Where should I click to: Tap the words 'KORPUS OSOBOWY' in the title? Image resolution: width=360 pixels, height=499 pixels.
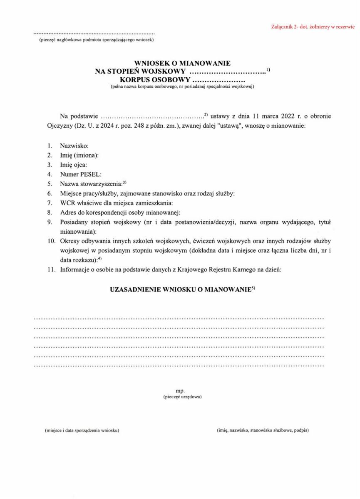155,79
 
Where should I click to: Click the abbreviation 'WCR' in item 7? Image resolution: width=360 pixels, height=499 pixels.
67,203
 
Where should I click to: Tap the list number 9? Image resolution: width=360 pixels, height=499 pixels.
49,222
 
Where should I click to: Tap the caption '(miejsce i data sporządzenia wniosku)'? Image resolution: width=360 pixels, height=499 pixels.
82,430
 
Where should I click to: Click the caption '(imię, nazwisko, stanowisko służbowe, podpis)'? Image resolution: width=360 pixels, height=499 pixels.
263,430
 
